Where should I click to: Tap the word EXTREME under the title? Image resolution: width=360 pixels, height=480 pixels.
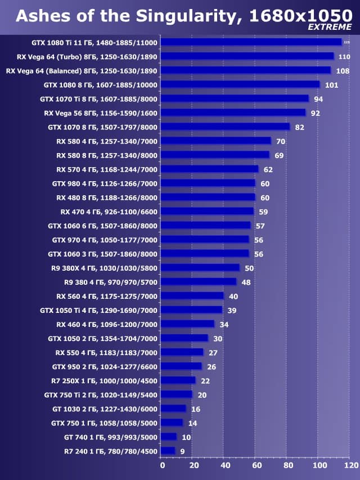pyautogui.click(x=330, y=27)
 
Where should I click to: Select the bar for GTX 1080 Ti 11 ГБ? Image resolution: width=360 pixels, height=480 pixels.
pyautogui.click(x=251, y=42)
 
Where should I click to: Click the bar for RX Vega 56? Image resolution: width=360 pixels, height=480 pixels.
pyautogui.click(x=233, y=113)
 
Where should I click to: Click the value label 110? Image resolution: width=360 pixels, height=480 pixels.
pyautogui.click(x=344, y=57)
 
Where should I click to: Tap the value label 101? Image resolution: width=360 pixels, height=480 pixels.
pyautogui.click(x=331, y=85)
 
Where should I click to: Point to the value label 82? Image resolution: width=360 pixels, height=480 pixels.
pyautogui.click(x=300, y=127)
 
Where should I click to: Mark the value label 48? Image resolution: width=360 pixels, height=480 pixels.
pyautogui.click(x=246, y=282)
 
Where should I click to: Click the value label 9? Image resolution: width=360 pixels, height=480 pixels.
pyautogui.click(x=183, y=451)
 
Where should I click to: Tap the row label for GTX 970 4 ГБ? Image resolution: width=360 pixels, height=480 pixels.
pyautogui.click(x=105, y=240)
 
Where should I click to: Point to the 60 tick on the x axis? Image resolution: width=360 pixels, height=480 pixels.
pyautogui.click(x=256, y=466)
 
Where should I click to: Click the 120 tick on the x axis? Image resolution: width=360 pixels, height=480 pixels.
pyautogui.click(x=351, y=466)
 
